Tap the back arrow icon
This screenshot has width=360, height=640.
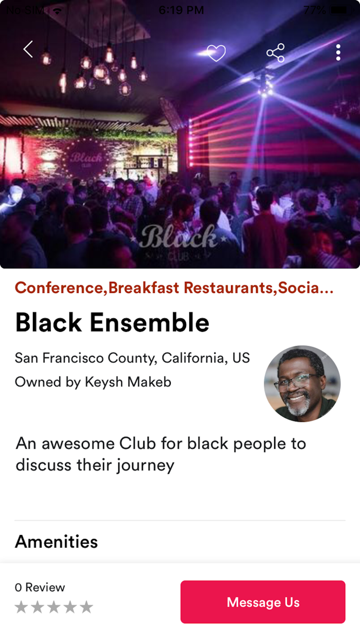[x=28, y=49]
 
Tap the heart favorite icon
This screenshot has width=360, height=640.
[x=217, y=53]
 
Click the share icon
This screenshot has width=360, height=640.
[x=276, y=53]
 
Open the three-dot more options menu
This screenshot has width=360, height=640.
[x=338, y=52]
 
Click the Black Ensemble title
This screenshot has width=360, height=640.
[x=112, y=322]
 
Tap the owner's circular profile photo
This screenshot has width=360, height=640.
[x=302, y=384]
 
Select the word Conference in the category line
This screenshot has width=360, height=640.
[x=59, y=288]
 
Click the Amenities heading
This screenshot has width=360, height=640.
[x=56, y=541]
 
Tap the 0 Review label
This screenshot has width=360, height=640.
[x=40, y=588]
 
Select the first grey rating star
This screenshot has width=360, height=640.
[x=21, y=607]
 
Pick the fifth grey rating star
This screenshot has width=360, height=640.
[x=86, y=607]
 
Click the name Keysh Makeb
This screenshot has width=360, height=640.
[x=128, y=382]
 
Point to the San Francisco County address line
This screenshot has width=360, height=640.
[x=132, y=358]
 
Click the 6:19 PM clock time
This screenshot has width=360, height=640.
[x=181, y=10]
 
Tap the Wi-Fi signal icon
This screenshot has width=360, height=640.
[x=58, y=11]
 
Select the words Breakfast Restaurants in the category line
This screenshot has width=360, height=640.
[x=191, y=288]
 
